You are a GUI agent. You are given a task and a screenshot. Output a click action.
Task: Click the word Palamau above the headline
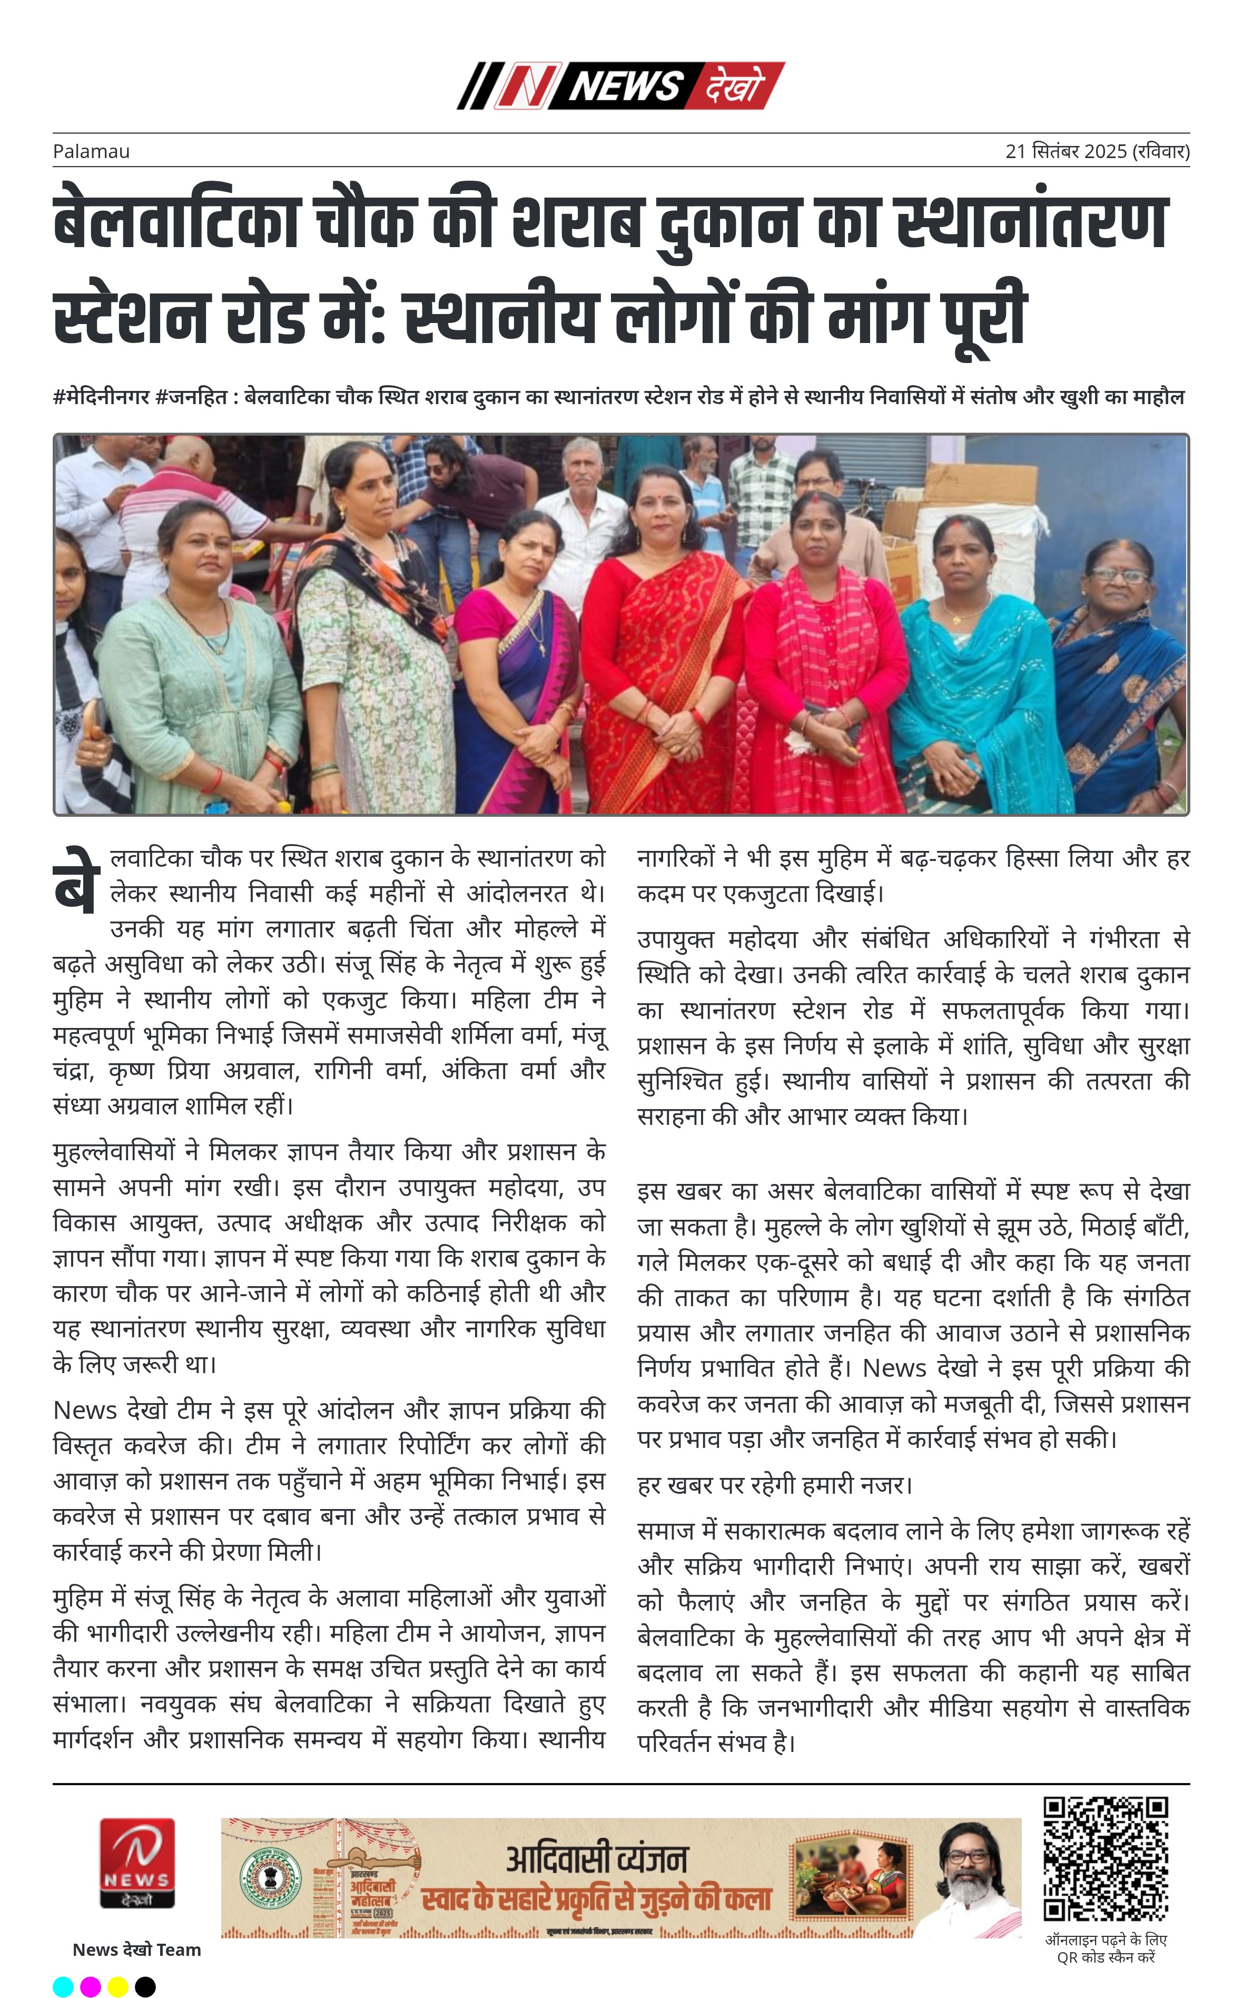(x=91, y=151)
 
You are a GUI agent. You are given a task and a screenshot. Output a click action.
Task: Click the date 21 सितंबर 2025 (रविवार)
(x=1097, y=151)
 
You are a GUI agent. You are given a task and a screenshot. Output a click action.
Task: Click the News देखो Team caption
(x=136, y=1950)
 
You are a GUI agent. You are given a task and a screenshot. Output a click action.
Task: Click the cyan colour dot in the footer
(x=63, y=1986)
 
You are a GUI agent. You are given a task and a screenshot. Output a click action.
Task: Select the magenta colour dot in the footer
(x=91, y=1986)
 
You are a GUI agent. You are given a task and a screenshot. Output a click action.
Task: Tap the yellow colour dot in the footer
(x=117, y=1986)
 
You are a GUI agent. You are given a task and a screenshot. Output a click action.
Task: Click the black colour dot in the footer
(x=145, y=1986)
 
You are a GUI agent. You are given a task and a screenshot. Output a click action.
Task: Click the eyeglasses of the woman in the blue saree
(x=1120, y=575)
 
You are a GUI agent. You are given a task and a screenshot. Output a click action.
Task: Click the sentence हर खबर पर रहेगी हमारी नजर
(x=774, y=1485)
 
